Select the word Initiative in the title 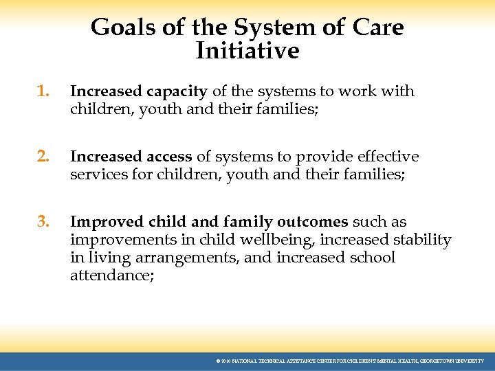pos(247,51)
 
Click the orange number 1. pos(43,91)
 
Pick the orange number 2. pos(43,157)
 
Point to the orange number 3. pos(43,222)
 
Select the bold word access pos(168,157)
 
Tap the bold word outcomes pos(313,222)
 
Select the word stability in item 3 pos(421,240)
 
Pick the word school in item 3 pos(372,258)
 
